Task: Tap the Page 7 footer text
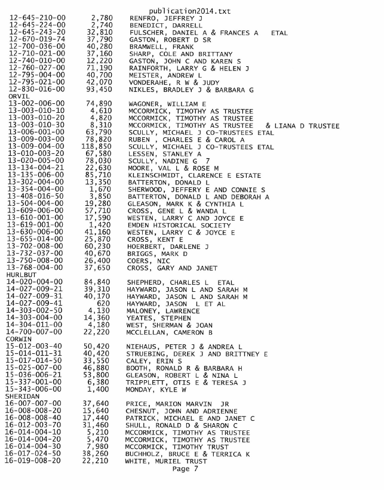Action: pos(189,469)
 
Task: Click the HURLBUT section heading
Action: pos(22,276)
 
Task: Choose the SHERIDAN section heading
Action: pos(24,396)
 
